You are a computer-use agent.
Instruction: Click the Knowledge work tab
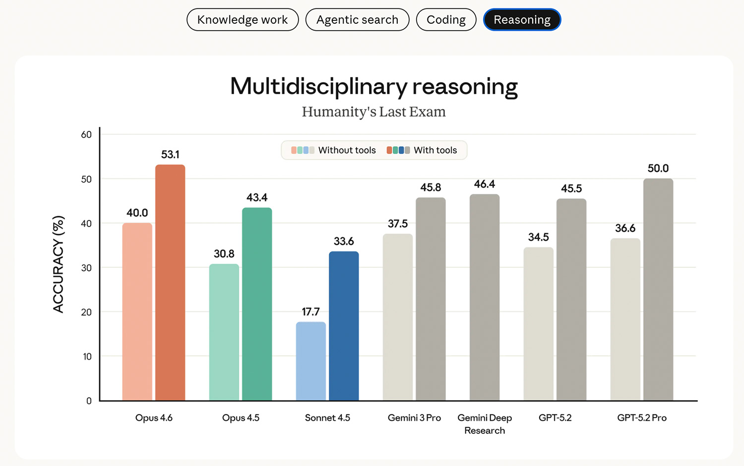[x=243, y=20]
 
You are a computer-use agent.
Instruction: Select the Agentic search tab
[x=357, y=20]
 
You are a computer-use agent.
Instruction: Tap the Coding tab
[x=446, y=20]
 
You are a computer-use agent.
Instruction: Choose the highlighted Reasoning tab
[x=522, y=20]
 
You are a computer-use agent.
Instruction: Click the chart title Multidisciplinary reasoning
[x=374, y=86]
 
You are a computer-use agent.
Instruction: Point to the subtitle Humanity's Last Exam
[x=374, y=112]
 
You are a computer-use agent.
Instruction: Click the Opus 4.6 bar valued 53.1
[x=170, y=283]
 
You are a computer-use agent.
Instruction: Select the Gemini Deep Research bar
[x=485, y=297]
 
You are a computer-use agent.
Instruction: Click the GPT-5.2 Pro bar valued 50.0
[x=658, y=290]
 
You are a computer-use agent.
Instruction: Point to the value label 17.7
[x=311, y=312]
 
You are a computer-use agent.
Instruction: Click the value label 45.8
[x=431, y=187]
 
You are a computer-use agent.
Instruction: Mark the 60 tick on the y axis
[x=86, y=134]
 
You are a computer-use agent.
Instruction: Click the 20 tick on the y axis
[x=86, y=312]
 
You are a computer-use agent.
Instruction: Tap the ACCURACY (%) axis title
[x=59, y=264]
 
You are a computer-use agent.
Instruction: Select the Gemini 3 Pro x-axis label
[x=414, y=418]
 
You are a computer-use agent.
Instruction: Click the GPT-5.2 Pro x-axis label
[x=642, y=418]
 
